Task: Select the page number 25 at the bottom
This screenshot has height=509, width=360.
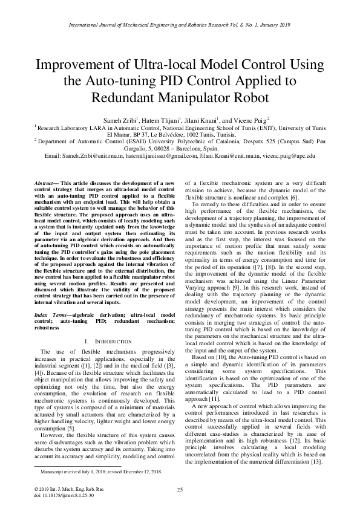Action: pos(180,490)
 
